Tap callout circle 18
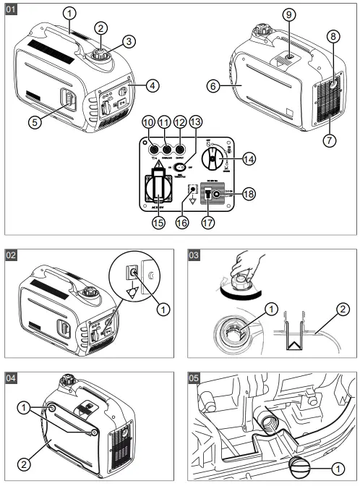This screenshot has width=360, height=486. click(x=247, y=195)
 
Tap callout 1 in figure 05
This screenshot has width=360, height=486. click(x=338, y=466)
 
